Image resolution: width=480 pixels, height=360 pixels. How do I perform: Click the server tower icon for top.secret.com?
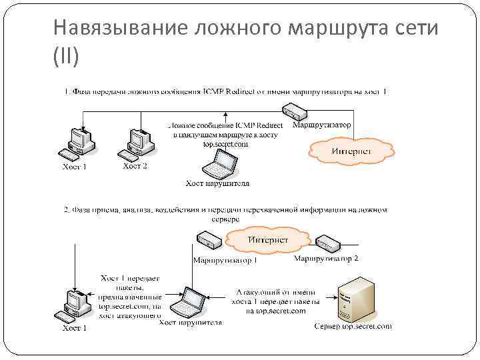click(349, 298)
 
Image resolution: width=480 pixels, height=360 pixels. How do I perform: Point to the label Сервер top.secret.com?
click(353, 327)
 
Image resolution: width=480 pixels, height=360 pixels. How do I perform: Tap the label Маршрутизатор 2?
click(327, 258)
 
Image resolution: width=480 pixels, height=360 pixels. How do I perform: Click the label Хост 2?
click(135, 166)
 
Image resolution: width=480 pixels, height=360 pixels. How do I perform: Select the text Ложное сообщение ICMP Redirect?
click(225, 125)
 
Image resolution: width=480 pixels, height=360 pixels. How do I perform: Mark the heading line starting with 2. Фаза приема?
click(225, 211)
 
